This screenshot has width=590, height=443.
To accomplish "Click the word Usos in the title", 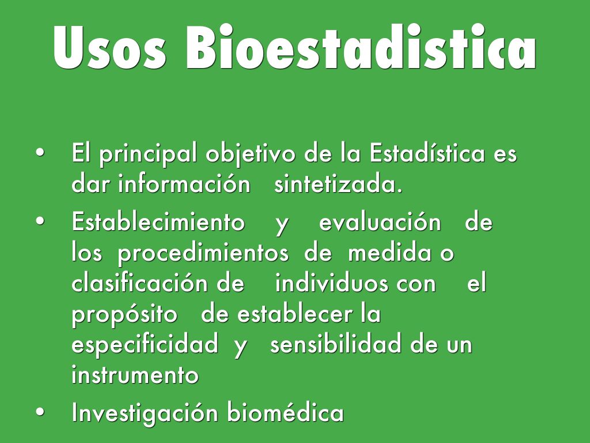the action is (x=109, y=47).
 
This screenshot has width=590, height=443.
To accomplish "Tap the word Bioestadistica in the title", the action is (x=361, y=47).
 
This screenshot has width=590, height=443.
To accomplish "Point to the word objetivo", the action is (x=250, y=155).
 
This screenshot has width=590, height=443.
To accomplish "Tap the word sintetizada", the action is (x=338, y=184).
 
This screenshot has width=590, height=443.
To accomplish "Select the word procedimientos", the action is (x=203, y=254).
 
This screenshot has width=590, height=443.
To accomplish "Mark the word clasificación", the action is (x=139, y=283).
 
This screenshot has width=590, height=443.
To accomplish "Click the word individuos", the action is (x=331, y=283).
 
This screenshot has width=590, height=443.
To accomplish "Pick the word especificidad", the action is (x=145, y=345).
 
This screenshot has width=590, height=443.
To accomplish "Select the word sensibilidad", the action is (x=336, y=343).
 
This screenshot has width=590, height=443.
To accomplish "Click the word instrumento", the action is (x=135, y=374).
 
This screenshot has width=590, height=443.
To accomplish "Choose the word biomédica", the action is (x=286, y=412).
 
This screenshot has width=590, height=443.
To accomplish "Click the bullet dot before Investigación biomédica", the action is (x=40, y=412).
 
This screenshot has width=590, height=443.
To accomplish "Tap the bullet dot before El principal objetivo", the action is (x=40, y=152).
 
